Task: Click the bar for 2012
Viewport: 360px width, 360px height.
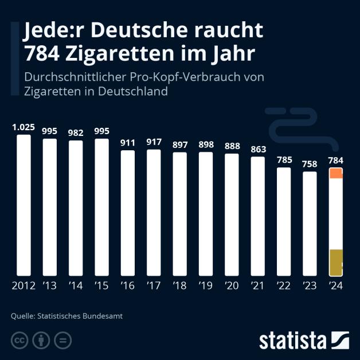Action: point(24,205)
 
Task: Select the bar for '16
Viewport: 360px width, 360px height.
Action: point(127,213)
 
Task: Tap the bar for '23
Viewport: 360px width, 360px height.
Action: point(309,223)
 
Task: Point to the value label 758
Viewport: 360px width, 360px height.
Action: point(309,165)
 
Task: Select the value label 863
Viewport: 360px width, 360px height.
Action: point(257,149)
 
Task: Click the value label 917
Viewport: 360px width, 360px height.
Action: point(154,142)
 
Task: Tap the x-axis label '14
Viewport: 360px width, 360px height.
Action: point(76,286)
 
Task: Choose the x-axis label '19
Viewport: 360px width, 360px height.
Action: point(205,286)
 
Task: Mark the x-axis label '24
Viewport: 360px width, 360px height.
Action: point(335,286)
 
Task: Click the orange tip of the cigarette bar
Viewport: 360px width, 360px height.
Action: point(335,173)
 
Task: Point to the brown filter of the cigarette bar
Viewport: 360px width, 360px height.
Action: point(335,262)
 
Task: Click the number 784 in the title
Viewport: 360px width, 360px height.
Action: point(44,53)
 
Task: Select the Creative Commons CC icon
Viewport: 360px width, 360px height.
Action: point(19,341)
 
